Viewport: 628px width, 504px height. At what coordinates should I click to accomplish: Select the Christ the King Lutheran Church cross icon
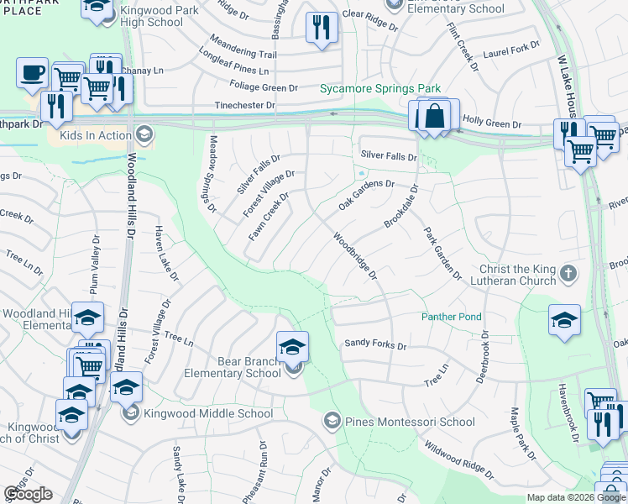568,274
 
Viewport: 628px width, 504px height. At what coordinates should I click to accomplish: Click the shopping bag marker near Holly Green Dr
436,116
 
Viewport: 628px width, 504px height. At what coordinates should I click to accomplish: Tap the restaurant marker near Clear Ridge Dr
321,28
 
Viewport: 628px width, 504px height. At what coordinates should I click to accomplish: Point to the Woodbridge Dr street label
356,256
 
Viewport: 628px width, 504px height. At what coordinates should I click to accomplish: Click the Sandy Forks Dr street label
375,344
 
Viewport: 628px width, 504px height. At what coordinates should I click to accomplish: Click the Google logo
28,494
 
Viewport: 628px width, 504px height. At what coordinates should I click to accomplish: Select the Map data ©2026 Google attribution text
575,497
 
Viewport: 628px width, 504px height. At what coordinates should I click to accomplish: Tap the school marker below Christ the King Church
564,320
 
